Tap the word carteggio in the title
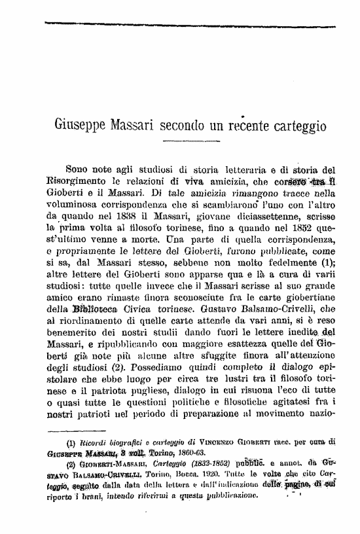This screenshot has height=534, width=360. point(295,125)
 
